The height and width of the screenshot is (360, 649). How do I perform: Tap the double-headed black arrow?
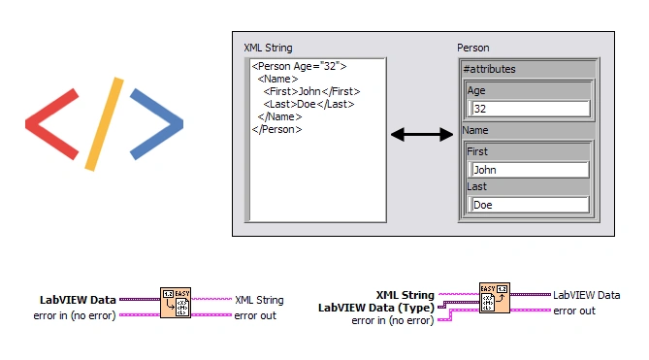coord(422,135)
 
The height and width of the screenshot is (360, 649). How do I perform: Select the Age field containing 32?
coord(528,109)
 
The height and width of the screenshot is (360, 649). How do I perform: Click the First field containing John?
coord(528,170)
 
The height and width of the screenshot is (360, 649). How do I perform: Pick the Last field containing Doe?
coord(528,205)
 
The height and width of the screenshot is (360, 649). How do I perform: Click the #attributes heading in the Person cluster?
coord(490,69)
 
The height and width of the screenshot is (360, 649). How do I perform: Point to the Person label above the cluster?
coord(473,48)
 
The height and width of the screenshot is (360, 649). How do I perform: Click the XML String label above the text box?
coord(268,48)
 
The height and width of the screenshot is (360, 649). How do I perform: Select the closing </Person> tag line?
coord(276,129)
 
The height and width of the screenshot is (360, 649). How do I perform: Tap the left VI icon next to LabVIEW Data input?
coord(176,302)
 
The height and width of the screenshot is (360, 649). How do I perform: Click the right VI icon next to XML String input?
coord(494,298)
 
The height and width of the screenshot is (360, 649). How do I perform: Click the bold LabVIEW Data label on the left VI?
coord(78,300)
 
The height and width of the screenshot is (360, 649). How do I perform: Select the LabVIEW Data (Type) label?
coord(375,308)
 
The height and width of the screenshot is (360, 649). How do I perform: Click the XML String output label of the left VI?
coord(259,301)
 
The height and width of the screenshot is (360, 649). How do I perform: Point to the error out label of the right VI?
coord(574,311)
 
